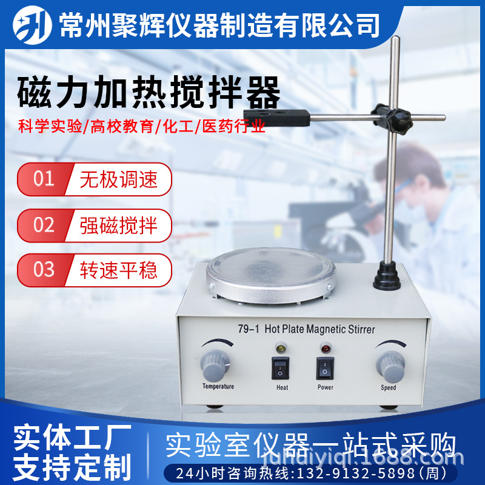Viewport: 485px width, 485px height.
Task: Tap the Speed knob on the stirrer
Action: pos(389,364)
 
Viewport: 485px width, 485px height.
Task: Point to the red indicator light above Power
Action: pos(325,349)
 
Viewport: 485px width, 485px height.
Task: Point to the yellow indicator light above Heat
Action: pos(281,349)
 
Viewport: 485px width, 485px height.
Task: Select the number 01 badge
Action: pos(44,179)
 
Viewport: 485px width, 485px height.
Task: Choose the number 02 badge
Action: pos(44,225)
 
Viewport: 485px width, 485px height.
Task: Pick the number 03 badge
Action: pos(44,269)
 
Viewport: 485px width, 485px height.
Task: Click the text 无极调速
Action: pos(118,179)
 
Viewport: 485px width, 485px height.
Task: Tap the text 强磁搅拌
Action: pos(118,225)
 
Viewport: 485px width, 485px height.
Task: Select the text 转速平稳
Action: pos(118,269)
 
